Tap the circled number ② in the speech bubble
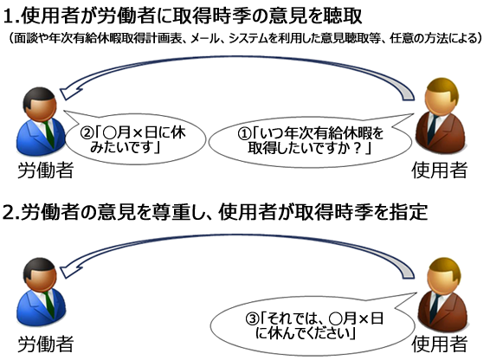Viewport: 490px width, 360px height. [87, 133]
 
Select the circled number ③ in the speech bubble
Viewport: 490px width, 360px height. [252, 319]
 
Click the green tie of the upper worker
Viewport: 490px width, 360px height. [49, 133]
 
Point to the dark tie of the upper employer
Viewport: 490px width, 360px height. [434, 127]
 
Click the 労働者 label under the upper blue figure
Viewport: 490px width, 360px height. [46, 170]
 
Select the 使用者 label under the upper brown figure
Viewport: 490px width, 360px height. [440, 170]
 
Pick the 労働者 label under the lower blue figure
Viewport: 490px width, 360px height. [46, 344]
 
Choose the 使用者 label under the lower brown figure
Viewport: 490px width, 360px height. [440, 344]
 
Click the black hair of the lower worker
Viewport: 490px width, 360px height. [39, 267]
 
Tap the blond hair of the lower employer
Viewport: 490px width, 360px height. [444, 267]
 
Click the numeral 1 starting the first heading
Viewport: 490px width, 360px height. [9, 16]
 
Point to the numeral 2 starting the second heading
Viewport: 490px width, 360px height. [9, 213]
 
